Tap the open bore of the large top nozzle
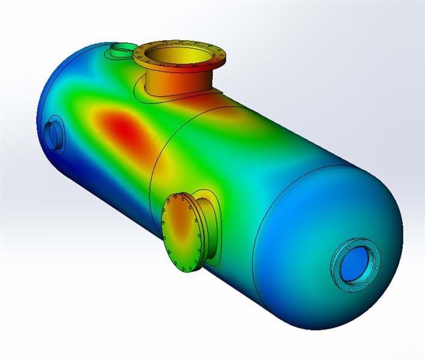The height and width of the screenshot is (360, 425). coord(179,53)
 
